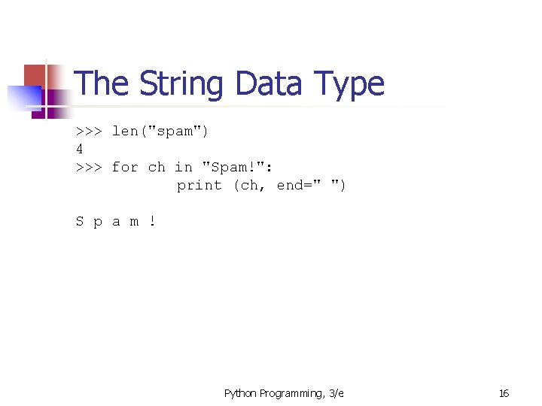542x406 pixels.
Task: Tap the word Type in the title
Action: tap(349, 84)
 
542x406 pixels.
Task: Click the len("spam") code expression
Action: tap(160, 132)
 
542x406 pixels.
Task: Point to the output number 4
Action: tap(80, 149)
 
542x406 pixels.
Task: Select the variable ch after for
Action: tap(157, 167)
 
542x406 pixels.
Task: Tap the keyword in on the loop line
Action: tap(184, 167)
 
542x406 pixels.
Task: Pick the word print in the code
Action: tap(199, 185)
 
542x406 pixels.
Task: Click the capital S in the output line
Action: tap(80, 221)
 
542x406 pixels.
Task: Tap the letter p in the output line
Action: tap(98, 222)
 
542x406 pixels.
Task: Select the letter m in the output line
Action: tap(134, 222)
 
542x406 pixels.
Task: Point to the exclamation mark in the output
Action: tap(152, 221)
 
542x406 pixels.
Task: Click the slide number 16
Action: tap(504, 393)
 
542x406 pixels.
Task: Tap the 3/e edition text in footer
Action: tap(336, 393)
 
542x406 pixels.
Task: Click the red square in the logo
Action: tap(35, 75)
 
